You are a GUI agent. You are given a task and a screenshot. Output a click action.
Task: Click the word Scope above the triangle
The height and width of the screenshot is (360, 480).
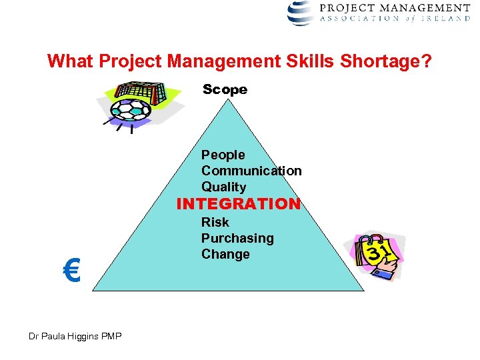click(225, 89)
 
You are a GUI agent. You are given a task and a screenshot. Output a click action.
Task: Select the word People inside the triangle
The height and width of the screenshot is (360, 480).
click(223, 155)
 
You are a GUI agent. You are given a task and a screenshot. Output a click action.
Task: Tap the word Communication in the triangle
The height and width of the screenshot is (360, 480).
click(251, 171)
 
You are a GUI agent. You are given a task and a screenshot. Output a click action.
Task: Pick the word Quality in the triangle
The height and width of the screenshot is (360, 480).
click(223, 187)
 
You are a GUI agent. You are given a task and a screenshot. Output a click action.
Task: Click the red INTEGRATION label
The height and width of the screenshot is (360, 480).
click(239, 204)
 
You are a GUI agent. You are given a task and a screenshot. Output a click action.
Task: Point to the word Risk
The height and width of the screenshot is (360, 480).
click(215, 222)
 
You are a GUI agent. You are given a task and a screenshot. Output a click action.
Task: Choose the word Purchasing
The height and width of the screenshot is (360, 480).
click(237, 238)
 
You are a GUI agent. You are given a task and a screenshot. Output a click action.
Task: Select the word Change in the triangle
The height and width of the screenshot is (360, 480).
click(225, 254)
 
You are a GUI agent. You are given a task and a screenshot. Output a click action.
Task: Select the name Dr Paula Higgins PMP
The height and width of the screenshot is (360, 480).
click(75, 336)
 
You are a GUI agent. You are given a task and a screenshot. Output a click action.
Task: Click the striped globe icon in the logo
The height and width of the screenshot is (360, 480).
click(301, 13)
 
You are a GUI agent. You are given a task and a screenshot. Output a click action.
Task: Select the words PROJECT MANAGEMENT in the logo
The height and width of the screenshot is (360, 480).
click(404, 8)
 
